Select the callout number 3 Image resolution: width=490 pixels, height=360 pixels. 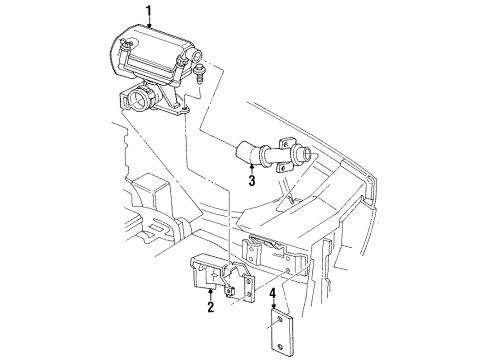252,181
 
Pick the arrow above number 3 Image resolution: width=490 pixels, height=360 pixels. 252,168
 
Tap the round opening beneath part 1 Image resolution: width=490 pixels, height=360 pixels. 139,101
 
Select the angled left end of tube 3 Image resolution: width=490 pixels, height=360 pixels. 243,153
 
